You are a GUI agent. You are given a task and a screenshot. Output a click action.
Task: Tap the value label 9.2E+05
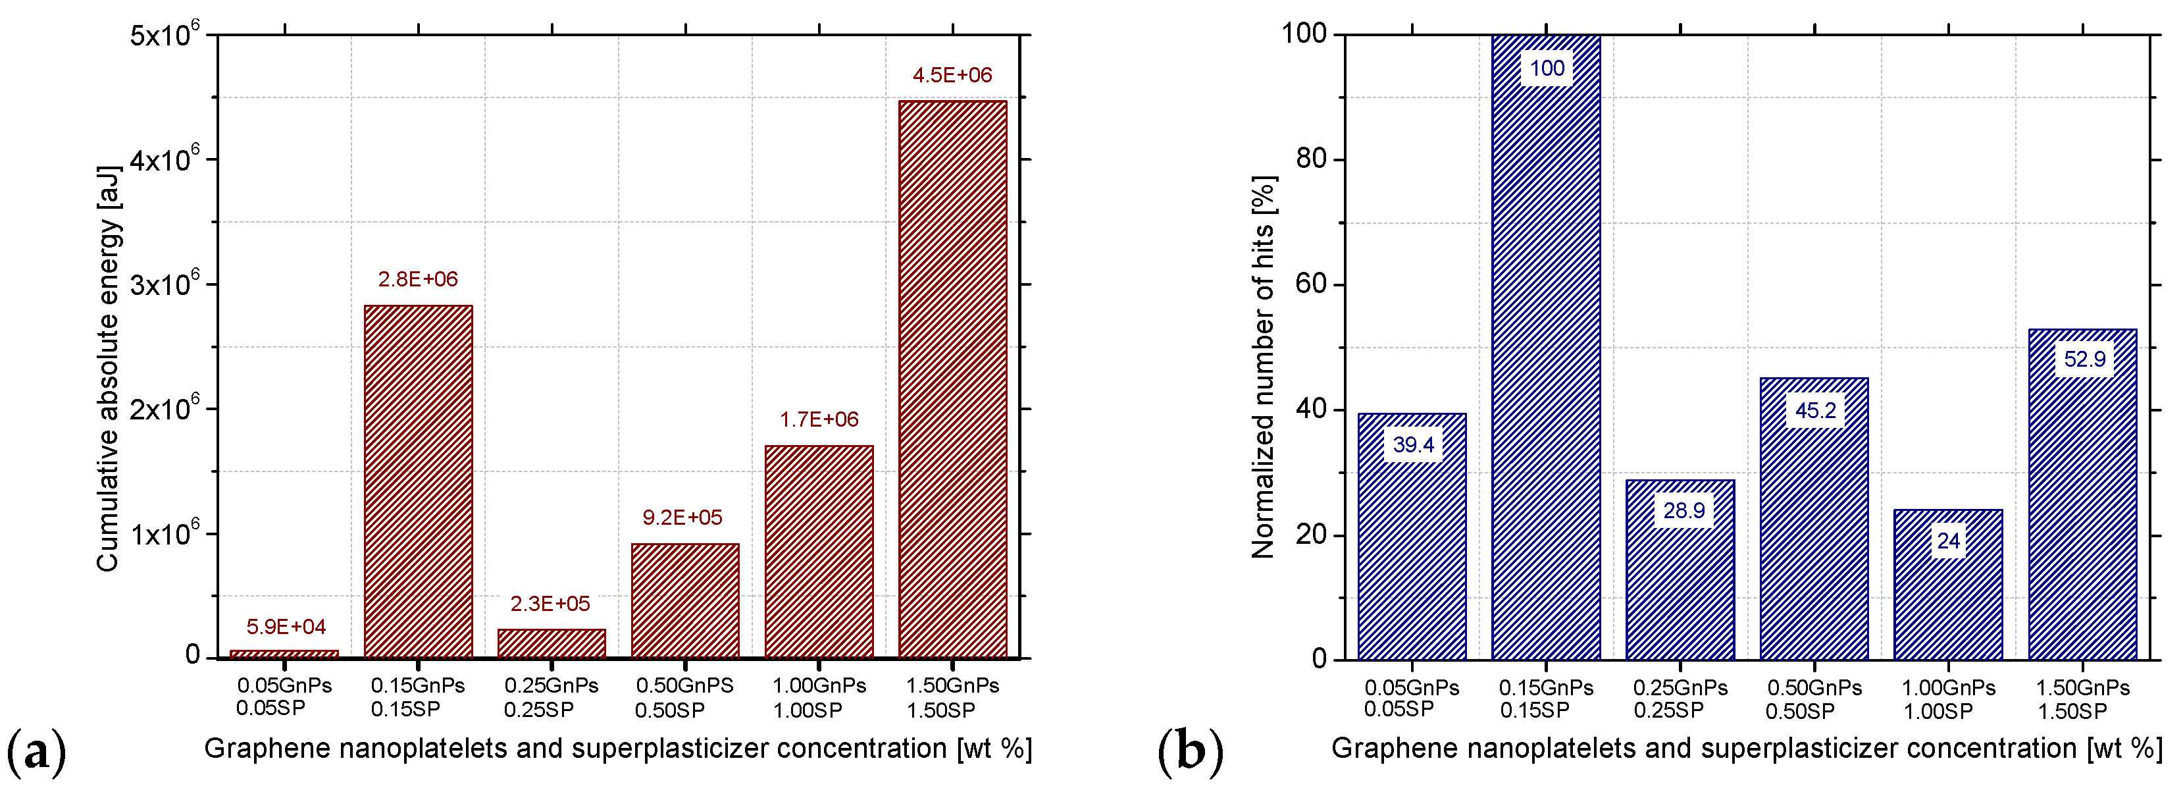point(682,517)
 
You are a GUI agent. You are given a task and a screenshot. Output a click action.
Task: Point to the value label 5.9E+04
point(286,626)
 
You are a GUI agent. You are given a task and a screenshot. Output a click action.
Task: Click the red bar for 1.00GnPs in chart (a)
point(819,551)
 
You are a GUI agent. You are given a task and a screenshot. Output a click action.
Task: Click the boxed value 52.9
point(2084,359)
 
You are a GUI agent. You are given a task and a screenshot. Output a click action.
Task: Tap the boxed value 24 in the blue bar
point(1948,541)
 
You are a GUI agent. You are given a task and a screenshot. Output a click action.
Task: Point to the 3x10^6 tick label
point(165,283)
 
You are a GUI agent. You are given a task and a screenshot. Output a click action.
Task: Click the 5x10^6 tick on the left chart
point(165,35)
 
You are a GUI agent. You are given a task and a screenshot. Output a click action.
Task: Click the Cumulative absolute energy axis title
point(109,369)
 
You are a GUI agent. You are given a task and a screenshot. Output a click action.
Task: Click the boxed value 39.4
point(1413,444)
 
